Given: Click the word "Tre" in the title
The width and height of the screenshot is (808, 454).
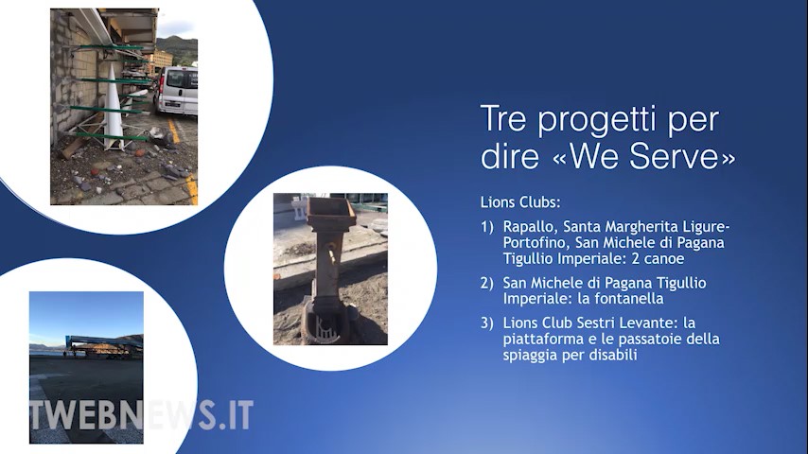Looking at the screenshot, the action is (503, 118).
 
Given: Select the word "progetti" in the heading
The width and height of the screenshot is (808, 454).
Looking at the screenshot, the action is (599, 121).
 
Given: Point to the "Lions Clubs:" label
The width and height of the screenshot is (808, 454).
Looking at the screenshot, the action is (520, 202).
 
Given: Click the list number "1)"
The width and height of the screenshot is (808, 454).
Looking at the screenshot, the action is (487, 227).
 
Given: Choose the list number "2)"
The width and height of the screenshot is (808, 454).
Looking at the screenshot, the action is (487, 283).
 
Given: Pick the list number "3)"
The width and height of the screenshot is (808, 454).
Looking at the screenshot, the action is (487, 323).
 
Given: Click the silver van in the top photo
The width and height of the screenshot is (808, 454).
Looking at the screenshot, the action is (176, 90).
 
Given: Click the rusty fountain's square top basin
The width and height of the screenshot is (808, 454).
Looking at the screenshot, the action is (331, 211).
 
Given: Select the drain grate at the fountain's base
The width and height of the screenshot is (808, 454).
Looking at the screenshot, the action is (325, 328).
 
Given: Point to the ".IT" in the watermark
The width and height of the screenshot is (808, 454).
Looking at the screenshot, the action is (236, 415).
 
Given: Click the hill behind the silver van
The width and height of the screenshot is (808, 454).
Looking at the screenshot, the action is (177, 47).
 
